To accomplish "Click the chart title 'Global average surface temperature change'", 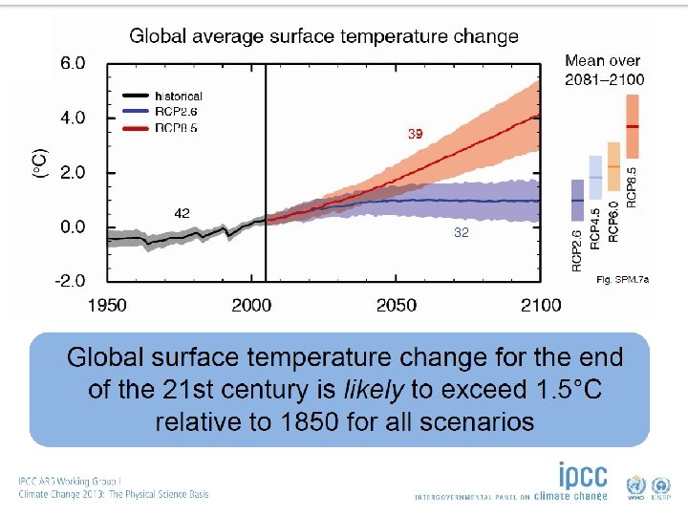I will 324,37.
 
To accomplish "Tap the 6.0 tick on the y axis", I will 73,64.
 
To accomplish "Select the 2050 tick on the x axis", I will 397,305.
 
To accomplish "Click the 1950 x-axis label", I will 107,305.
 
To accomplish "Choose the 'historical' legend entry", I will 178,96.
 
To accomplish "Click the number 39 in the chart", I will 415,135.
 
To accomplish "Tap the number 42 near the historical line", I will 182,212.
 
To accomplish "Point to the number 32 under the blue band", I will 462,232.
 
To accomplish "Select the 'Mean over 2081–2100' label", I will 604,70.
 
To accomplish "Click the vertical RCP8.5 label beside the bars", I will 633,183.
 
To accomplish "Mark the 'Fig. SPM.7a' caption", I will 622,280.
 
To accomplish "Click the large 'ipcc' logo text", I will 583,476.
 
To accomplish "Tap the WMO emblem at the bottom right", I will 635,484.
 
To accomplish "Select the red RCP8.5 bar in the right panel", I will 633,126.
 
